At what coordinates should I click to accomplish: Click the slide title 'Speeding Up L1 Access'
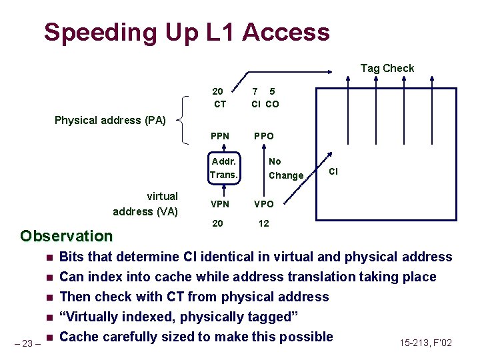[187, 32]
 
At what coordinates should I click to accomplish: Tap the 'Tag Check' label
[387, 68]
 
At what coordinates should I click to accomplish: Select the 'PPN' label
[219, 136]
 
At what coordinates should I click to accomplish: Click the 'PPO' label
[263, 136]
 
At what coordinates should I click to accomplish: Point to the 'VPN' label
[219, 204]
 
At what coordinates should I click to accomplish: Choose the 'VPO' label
[263, 204]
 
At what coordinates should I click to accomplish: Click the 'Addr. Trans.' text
[223, 168]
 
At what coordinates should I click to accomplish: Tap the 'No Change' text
[285, 169]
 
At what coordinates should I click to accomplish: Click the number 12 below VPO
[263, 223]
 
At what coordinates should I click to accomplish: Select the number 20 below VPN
[218, 223]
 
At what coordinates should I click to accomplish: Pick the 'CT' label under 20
[219, 104]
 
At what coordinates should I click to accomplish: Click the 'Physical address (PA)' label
[110, 121]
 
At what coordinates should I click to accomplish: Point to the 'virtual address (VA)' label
[145, 203]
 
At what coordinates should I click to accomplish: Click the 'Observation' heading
[67, 236]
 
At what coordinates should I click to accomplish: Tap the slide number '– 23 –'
[27, 344]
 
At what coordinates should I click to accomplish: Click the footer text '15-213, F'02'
[425, 343]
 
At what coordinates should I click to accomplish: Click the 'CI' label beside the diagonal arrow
[333, 171]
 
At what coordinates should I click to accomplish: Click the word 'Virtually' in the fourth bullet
[92, 317]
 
